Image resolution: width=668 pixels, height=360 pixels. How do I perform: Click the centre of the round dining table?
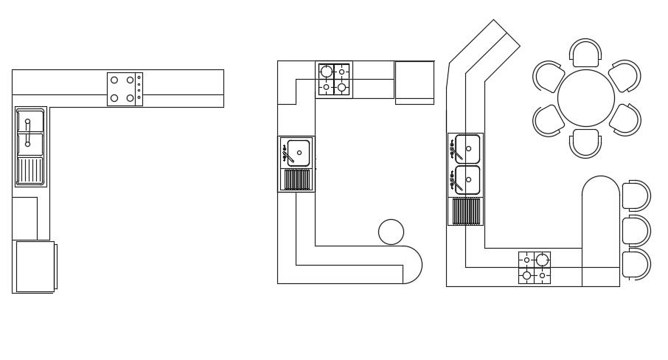(586, 98)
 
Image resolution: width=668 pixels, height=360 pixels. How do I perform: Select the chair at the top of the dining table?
(586, 53)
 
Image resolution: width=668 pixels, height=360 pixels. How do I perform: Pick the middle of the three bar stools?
(636, 230)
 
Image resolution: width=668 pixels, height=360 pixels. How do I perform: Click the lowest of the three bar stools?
(636, 265)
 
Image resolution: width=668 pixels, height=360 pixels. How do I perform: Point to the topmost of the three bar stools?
(636, 195)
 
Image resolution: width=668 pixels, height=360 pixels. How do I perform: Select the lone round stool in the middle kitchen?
(391, 232)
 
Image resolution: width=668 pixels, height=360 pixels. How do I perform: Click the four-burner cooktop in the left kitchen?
(122, 89)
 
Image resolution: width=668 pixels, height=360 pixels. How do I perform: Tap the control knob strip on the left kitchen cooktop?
(139, 89)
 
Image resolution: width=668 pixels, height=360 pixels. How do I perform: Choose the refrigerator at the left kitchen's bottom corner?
(35, 266)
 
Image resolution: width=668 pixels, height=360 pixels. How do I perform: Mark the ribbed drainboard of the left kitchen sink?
(30, 170)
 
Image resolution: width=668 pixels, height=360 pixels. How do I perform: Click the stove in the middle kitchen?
(334, 80)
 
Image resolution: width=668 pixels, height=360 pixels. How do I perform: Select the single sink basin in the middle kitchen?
(298, 153)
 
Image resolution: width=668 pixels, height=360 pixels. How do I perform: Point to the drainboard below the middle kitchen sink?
(296, 179)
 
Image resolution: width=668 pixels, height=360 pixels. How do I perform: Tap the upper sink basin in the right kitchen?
(467, 148)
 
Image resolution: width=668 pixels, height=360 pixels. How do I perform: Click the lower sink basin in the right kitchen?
(467, 179)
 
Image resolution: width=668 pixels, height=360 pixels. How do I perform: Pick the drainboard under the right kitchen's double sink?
(465, 211)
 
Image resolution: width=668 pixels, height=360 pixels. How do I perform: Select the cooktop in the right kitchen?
(535, 268)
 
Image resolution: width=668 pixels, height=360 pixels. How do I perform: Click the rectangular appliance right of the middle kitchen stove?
(414, 80)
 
